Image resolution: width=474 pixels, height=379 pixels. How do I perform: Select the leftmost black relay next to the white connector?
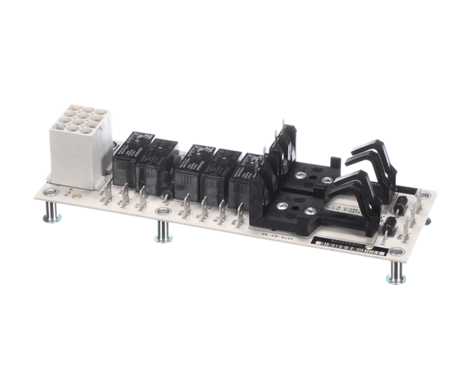pos(130,157)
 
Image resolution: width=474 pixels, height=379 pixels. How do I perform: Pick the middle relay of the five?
pos(194,170)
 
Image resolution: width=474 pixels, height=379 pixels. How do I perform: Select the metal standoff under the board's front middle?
pos(164,231)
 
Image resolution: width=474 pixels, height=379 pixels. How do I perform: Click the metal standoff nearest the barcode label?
pos(396,272)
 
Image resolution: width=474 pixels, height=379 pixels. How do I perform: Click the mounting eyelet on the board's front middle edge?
pos(164,213)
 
